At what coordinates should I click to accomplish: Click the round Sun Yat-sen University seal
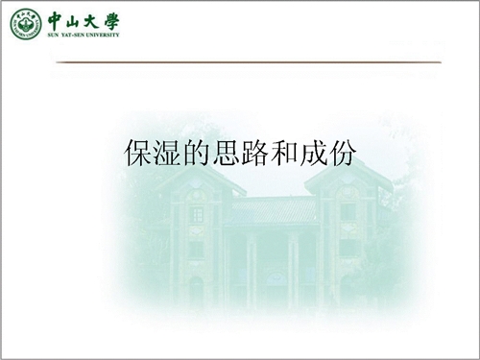(26, 24)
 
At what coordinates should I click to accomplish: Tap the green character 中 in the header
(56, 21)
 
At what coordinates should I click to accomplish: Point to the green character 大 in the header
(91, 21)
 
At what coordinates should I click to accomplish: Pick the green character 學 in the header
(111, 22)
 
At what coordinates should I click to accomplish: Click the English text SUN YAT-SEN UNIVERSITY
(84, 35)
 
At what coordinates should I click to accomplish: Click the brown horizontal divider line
(249, 62)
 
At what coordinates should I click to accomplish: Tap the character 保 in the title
(138, 153)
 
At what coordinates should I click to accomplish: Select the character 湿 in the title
(167, 153)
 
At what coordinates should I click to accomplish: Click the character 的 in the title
(197, 153)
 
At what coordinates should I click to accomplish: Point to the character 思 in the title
(226, 153)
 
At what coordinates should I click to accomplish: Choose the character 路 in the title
(254, 153)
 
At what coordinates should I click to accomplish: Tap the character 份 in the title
(342, 153)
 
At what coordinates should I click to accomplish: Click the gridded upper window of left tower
(197, 214)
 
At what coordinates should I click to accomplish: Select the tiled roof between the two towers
(274, 209)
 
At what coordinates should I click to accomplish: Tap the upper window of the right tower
(348, 212)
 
